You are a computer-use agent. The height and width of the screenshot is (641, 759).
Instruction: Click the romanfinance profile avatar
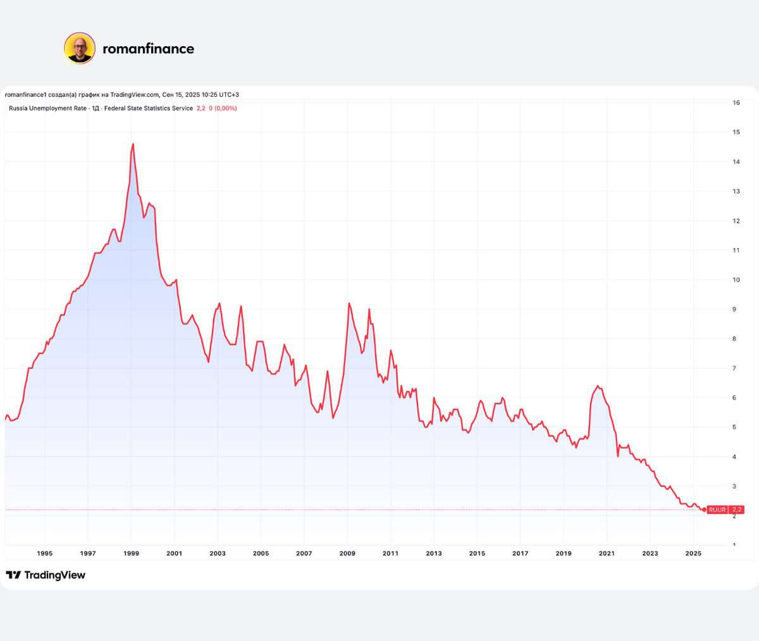tap(80, 49)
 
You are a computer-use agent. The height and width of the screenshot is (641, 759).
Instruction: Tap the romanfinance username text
tap(148, 49)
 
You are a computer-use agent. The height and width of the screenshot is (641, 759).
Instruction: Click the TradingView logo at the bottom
tap(46, 575)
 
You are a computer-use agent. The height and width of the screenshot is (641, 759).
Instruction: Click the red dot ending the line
tap(704, 509)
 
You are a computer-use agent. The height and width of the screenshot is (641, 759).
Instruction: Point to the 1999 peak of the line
tap(133, 144)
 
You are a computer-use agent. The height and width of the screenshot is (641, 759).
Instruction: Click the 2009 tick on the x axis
tap(347, 554)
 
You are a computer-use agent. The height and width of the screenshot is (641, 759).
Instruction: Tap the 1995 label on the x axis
tap(45, 554)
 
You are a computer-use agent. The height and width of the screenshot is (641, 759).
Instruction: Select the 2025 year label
tap(693, 554)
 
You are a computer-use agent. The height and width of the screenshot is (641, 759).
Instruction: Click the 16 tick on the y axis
tap(736, 103)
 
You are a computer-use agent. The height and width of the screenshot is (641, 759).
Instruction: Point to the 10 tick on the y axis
tap(736, 280)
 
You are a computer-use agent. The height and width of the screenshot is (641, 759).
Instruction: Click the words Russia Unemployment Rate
tap(47, 108)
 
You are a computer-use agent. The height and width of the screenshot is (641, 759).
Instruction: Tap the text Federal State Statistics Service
tap(149, 108)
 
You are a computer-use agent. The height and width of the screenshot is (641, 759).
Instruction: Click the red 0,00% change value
tap(226, 108)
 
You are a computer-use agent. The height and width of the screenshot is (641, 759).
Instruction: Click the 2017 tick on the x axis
tap(520, 554)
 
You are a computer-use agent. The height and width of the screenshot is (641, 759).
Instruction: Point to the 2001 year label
tap(174, 554)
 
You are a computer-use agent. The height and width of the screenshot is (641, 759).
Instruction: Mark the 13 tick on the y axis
tap(736, 191)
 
